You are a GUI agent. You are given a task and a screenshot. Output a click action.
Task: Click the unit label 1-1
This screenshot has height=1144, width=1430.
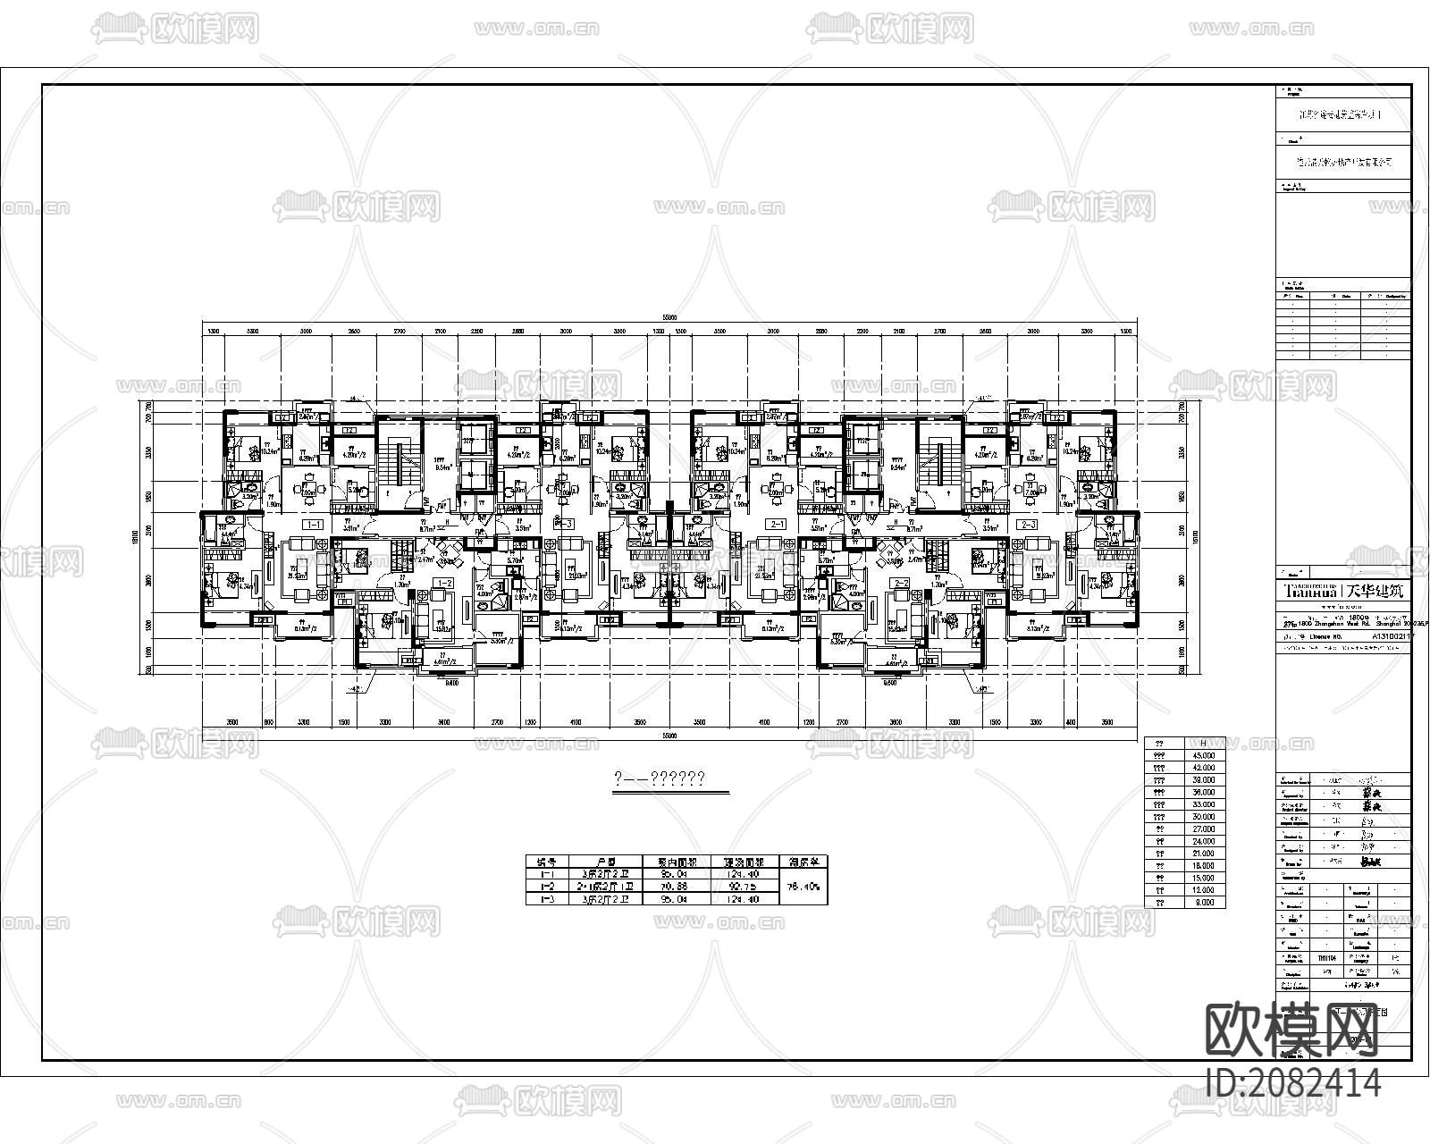pos(314,525)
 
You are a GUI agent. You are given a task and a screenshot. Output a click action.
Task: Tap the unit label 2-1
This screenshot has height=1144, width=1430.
pos(778,525)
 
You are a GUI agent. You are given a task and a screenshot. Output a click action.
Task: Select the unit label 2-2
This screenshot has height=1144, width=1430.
pos(900,583)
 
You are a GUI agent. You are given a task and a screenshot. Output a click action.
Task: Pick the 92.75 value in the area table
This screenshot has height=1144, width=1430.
pos(744,887)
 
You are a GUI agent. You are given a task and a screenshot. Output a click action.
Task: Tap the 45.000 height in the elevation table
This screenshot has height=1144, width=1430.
pos(1205,755)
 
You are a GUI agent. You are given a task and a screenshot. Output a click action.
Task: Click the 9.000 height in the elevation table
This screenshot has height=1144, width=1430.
pos(1205,903)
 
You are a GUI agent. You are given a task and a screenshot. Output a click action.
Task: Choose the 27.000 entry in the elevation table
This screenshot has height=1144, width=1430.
pos(1205,829)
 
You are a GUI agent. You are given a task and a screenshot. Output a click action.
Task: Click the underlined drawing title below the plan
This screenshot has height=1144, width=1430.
pos(660,779)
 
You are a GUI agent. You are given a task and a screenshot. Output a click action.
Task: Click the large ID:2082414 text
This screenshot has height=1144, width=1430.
pos(1293,1084)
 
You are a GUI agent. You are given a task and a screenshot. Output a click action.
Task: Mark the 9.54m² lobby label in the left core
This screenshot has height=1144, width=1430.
pos(442,467)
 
